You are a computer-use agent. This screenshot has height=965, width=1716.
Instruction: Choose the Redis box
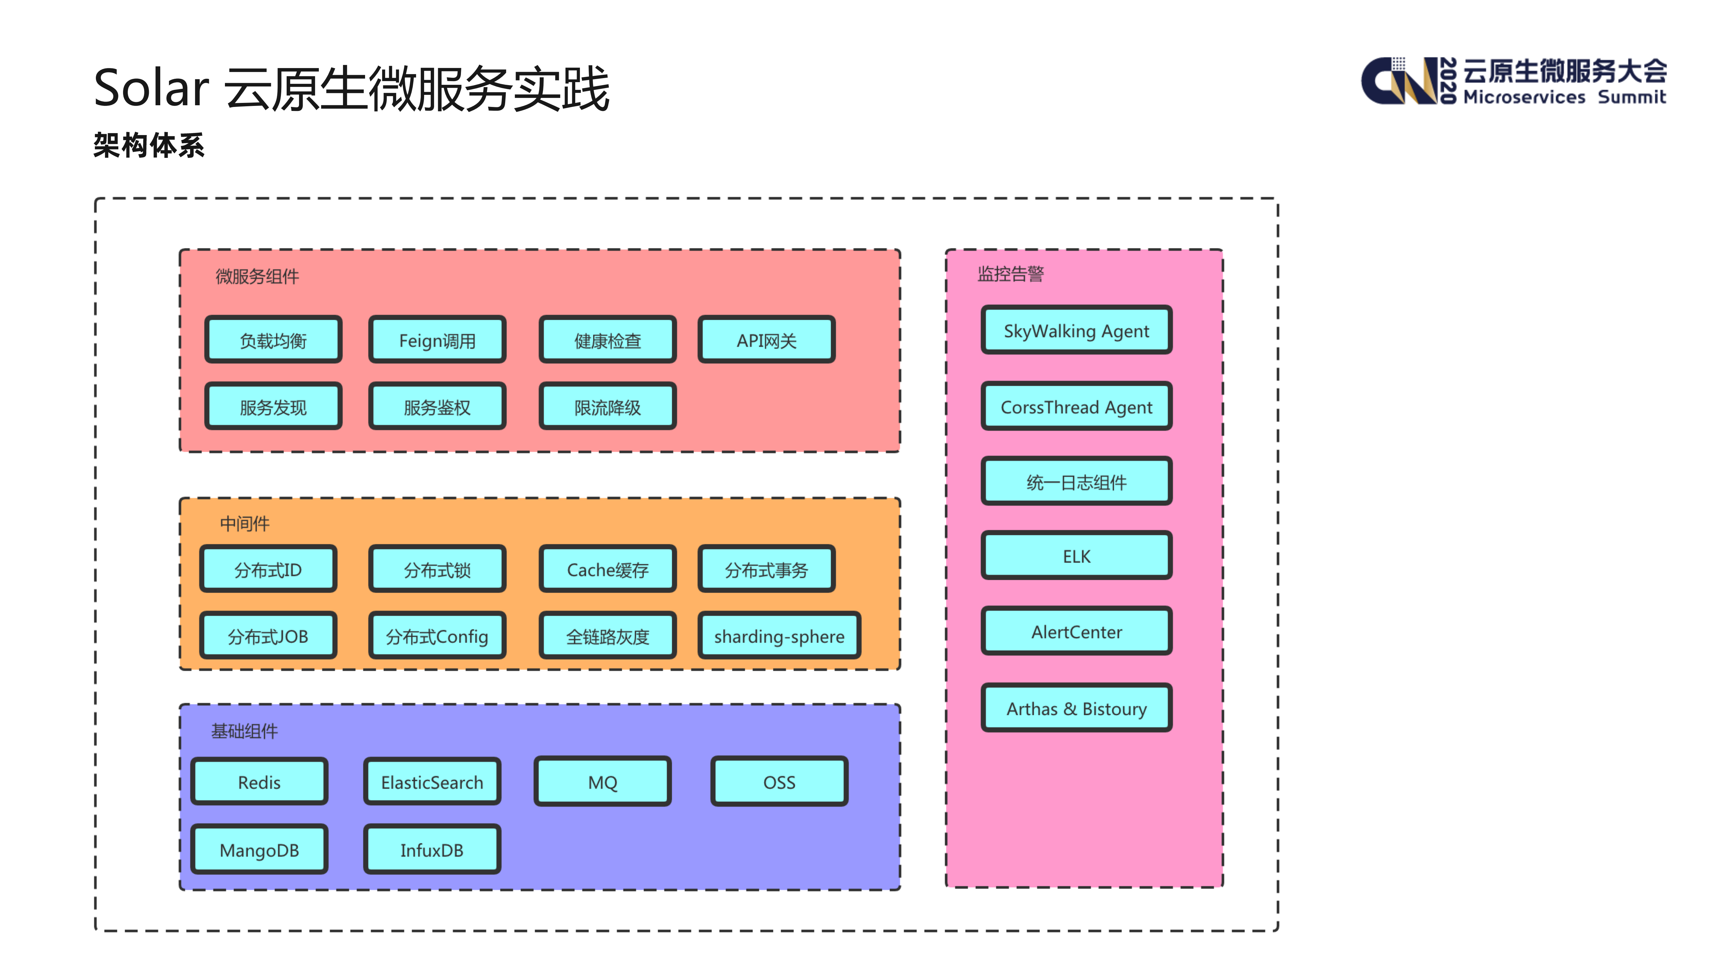(x=259, y=782)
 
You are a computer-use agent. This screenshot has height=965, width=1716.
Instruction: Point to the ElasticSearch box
(x=432, y=782)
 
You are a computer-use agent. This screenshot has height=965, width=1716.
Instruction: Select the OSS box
(x=779, y=782)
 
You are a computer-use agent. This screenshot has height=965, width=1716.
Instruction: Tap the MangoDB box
(x=259, y=850)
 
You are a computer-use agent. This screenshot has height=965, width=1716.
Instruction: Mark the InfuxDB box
(x=432, y=850)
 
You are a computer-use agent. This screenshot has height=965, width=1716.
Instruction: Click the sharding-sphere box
(x=779, y=636)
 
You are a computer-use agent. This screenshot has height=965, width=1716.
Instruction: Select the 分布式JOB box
(x=268, y=636)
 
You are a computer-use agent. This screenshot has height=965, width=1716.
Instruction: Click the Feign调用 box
(x=437, y=340)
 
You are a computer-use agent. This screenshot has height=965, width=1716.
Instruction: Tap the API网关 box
(x=766, y=340)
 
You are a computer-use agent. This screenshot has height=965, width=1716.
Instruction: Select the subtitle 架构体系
(x=149, y=145)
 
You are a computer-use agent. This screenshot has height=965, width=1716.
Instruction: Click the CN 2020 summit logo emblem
(x=1399, y=81)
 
